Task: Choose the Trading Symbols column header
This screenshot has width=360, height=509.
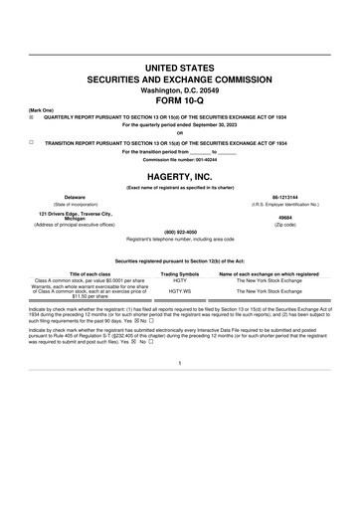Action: click(x=180, y=272)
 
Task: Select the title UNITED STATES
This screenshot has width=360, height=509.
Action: click(x=180, y=64)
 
